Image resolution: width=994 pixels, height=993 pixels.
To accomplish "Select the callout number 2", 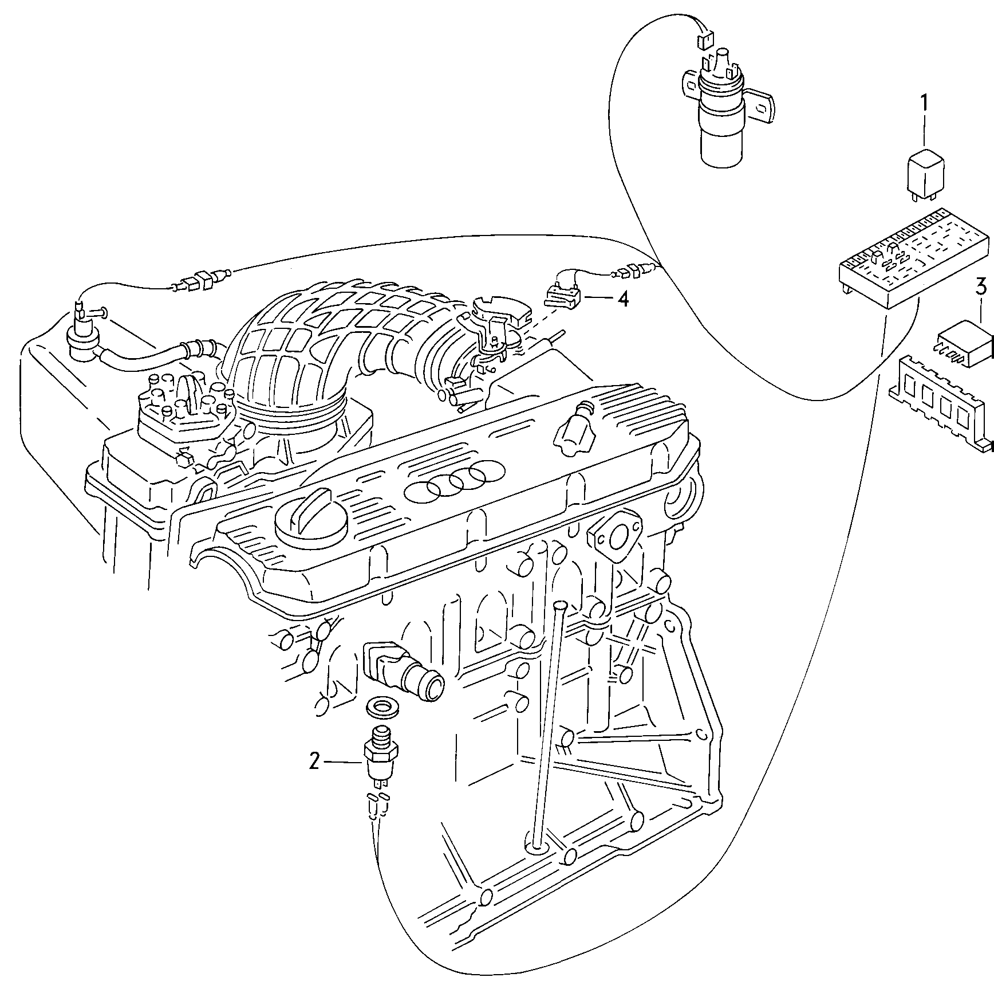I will point(314,762).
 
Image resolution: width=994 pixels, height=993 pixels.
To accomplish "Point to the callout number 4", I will point(622,299).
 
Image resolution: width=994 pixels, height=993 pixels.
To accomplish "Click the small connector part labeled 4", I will point(564,296).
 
